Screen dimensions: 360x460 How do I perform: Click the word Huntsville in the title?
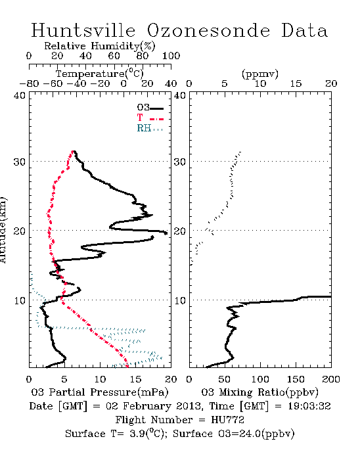[83, 30]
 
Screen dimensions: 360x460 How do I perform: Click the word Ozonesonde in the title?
[208, 30]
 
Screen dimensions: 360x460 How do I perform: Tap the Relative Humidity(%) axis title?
[100, 46]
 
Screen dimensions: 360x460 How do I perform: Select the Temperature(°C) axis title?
[100, 74]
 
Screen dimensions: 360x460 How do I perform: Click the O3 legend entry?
[150, 108]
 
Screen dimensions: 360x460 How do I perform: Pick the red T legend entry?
[150, 118]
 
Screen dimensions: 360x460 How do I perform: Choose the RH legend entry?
[150, 128]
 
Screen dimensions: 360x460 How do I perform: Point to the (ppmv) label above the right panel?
[260, 74]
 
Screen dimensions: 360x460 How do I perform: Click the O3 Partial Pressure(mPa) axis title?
[100, 392]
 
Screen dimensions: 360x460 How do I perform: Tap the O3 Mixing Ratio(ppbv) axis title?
[259, 392]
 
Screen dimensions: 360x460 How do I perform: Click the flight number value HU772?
[227, 420]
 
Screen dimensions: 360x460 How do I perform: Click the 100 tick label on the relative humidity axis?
[171, 56]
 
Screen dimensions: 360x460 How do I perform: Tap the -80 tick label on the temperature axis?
[29, 84]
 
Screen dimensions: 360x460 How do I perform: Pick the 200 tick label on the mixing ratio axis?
[331, 380]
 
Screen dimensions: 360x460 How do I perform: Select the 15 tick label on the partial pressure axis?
[135, 380]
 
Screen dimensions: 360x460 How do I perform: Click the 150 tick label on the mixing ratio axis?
[296, 380]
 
